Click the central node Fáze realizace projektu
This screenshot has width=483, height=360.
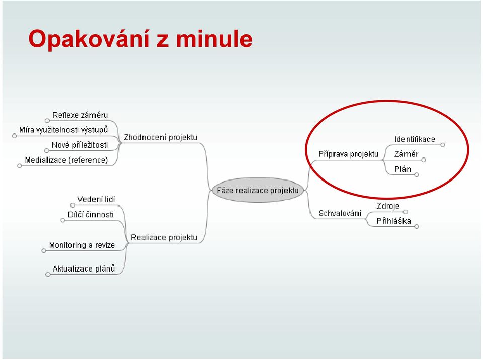click(x=258, y=190)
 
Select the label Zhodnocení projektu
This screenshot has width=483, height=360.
click(x=160, y=137)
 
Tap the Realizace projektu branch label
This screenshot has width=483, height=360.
click(x=164, y=237)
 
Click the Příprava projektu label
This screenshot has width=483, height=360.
click(x=348, y=154)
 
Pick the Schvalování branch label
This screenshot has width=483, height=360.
click(x=340, y=213)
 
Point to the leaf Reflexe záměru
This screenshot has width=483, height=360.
click(x=80, y=115)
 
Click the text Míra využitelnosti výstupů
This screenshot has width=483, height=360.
click(x=63, y=130)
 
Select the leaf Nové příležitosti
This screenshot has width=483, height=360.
click(x=80, y=145)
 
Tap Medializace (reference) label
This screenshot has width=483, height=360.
click(x=66, y=160)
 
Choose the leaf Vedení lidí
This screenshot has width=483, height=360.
click(x=96, y=199)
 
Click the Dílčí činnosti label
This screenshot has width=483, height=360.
click(x=91, y=214)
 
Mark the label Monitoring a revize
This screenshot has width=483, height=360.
click(x=82, y=245)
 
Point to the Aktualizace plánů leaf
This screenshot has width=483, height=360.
click(x=84, y=268)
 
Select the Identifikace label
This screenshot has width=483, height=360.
click(x=415, y=139)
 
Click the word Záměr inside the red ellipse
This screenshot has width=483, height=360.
click(x=407, y=154)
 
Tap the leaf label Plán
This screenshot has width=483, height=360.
click(x=403, y=169)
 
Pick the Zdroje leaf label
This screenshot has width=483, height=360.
click(x=388, y=206)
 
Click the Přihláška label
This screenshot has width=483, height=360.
click(x=393, y=221)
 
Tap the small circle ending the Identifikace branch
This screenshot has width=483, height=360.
click(x=443, y=145)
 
